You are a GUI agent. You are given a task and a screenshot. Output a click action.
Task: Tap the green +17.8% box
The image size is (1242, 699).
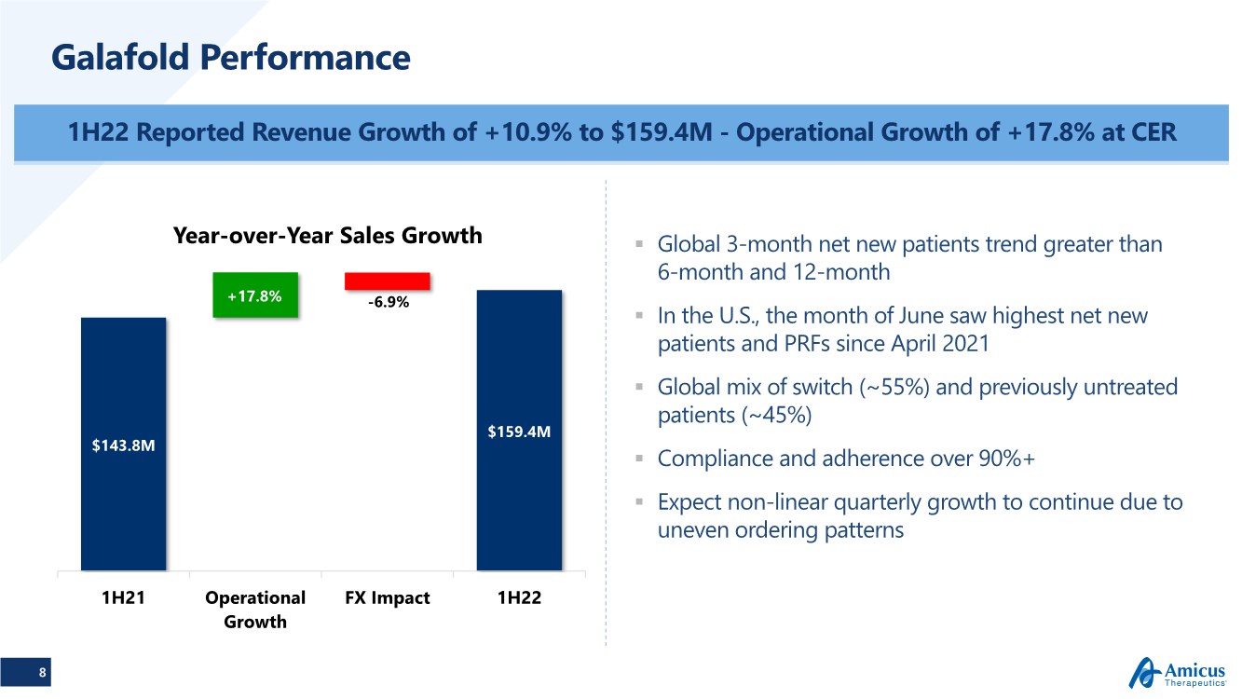tap(255, 295)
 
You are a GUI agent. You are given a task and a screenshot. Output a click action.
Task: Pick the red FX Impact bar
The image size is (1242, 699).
tap(387, 281)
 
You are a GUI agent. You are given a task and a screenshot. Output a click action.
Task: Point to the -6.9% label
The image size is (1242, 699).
tap(387, 303)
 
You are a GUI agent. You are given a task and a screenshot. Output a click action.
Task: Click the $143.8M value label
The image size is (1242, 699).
tap(123, 445)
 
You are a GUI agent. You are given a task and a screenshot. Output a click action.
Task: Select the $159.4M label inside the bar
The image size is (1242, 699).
tap(519, 432)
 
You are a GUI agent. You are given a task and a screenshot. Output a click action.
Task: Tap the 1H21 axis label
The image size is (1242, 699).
tap(123, 598)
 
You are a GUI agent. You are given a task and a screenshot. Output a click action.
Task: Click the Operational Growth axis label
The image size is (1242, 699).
tap(255, 610)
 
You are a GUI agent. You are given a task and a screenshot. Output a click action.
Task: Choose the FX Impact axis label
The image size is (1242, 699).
tap(387, 598)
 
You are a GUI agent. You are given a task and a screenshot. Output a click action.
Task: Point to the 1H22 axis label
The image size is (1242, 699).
tap(519, 598)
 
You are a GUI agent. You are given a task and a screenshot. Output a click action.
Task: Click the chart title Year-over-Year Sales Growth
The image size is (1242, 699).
tap(328, 236)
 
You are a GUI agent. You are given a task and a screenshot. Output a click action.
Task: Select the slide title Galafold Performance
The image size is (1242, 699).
tap(231, 58)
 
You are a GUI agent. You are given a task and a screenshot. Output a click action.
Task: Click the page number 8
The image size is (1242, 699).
tap(42, 672)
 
